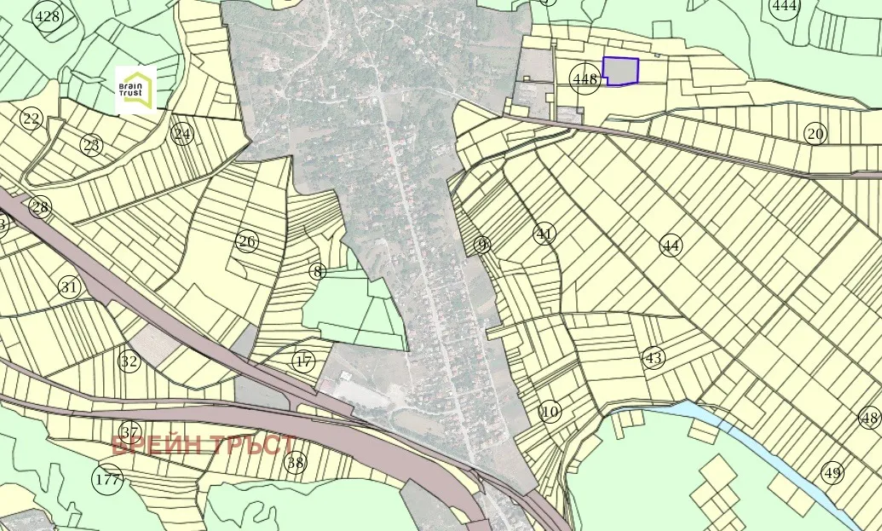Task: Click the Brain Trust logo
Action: (x=136, y=89)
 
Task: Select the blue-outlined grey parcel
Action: (x=621, y=71)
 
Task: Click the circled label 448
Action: (x=585, y=79)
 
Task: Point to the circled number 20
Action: (x=816, y=134)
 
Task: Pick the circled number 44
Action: (x=672, y=245)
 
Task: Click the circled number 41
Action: (x=545, y=234)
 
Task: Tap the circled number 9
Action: (x=483, y=245)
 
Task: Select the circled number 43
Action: (x=654, y=358)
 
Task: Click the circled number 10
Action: (x=551, y=413)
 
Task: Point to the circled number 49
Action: (x=832, y=472)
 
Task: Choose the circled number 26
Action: (x=247, y=242)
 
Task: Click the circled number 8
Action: (x=318, y=272)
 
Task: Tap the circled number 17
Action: (x=303, y=361)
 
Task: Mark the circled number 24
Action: (x=182, y=134)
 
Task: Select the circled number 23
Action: (x=92, y=145)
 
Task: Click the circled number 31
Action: (x=69, y=287)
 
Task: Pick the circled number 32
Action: (x=129, y=361)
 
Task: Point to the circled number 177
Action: (x=108, y=480)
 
